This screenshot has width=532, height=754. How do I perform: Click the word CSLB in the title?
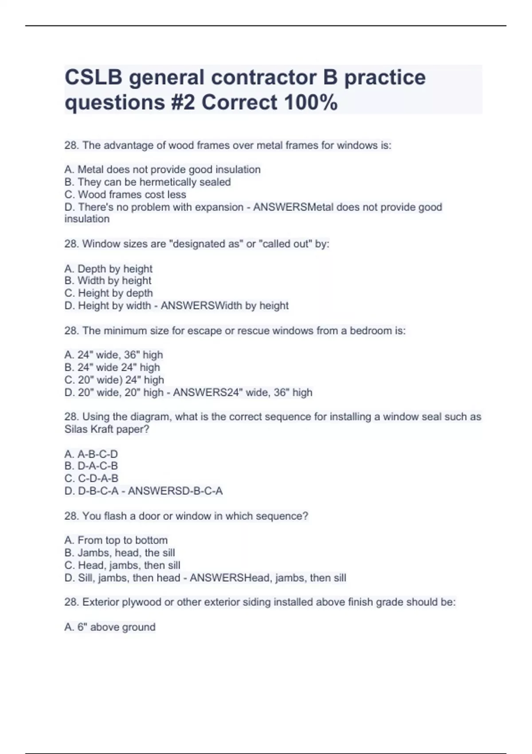click(x=93, y=77)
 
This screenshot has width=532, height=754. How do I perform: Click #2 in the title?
click(x=182, y=102)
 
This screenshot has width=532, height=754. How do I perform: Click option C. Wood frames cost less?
click(x=125, y=195)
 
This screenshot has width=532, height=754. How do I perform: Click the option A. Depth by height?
click(x=108, y=269)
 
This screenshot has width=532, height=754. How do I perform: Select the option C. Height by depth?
click(x=109, y=293)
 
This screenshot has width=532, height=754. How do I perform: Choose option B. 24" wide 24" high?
click(x=112, y=367)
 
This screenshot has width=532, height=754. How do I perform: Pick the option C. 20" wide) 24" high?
click(x=114, y=380)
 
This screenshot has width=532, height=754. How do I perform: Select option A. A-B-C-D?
click(x=91, y=454)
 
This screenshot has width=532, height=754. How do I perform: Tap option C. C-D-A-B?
click(x=91, y=479)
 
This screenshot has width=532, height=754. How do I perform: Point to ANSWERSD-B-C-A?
click(x=175, y=491)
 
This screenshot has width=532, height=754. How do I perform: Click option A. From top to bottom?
click(x=116, y=540)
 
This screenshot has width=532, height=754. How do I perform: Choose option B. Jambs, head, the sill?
click(x=119, y=553)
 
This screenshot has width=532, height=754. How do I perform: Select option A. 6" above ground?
click(x=110, y=627)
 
